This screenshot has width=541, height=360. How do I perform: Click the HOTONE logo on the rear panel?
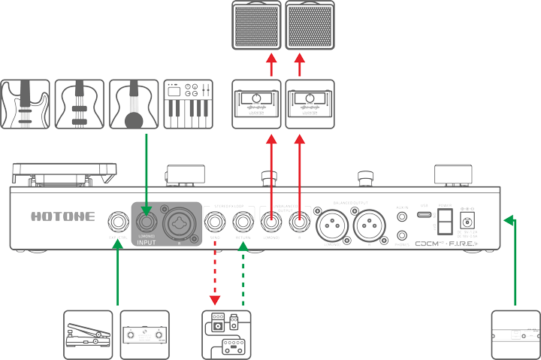pyautogui.click(x=62, y=216)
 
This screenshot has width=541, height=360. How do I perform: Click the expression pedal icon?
pyautogui.click(x=89, y=334)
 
